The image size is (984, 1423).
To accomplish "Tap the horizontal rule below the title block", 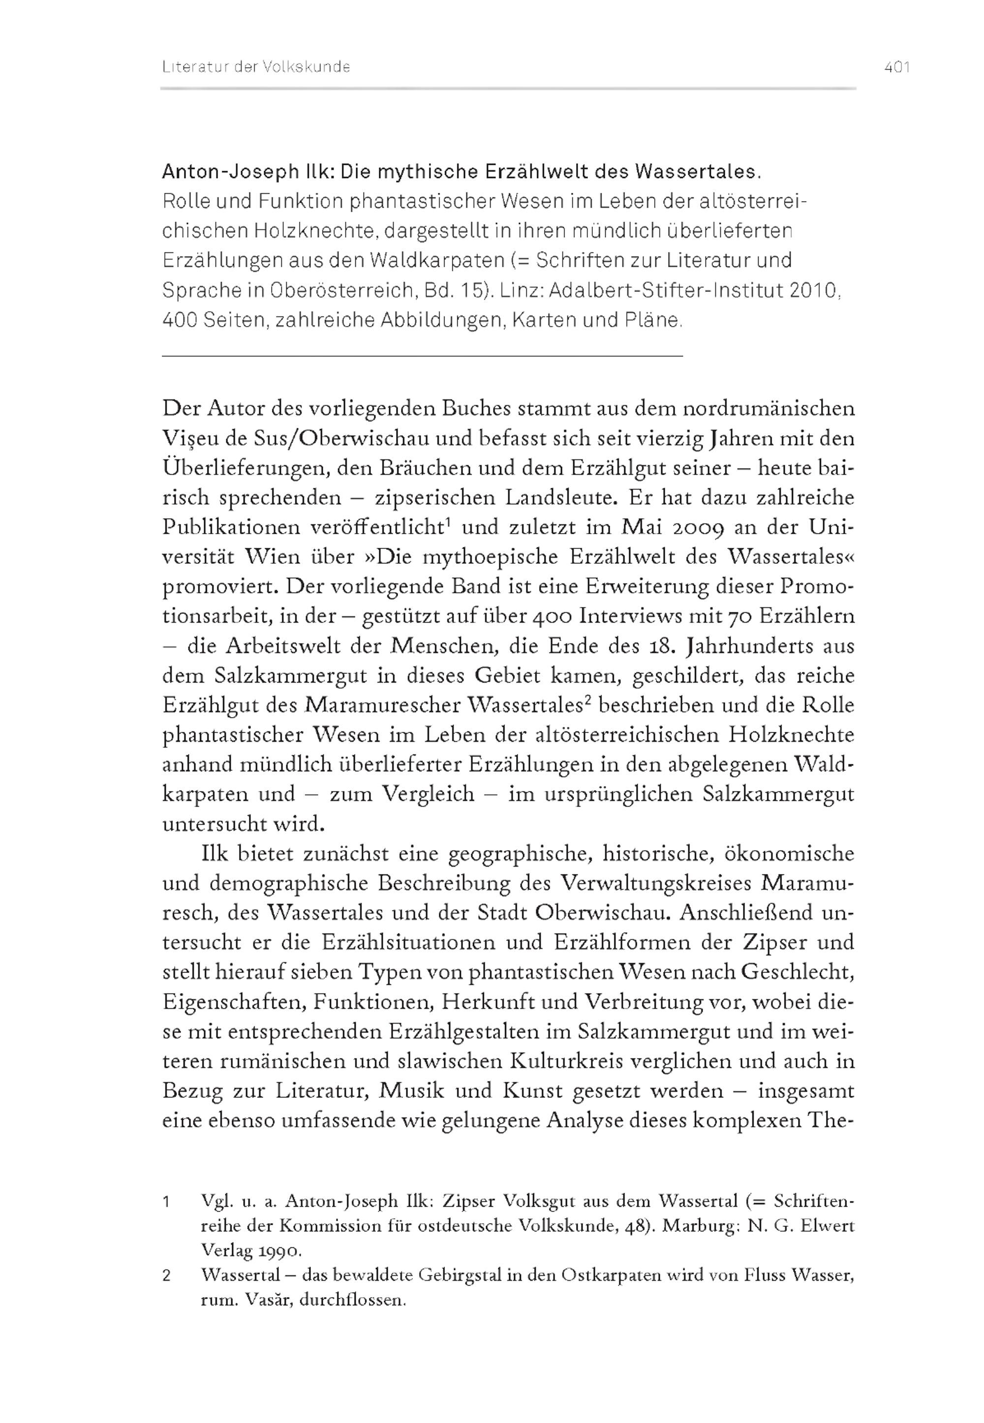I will point(422,356).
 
